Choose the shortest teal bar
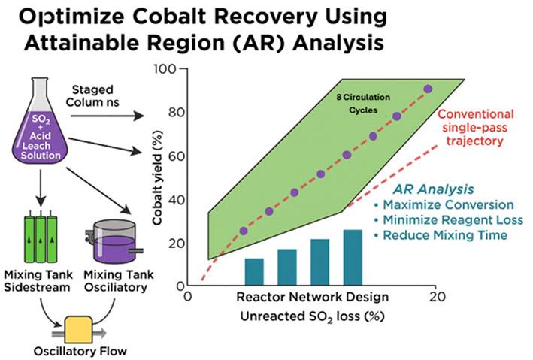pos(254,268)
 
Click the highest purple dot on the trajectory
pos(428,89)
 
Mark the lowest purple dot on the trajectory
pos(243,231)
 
